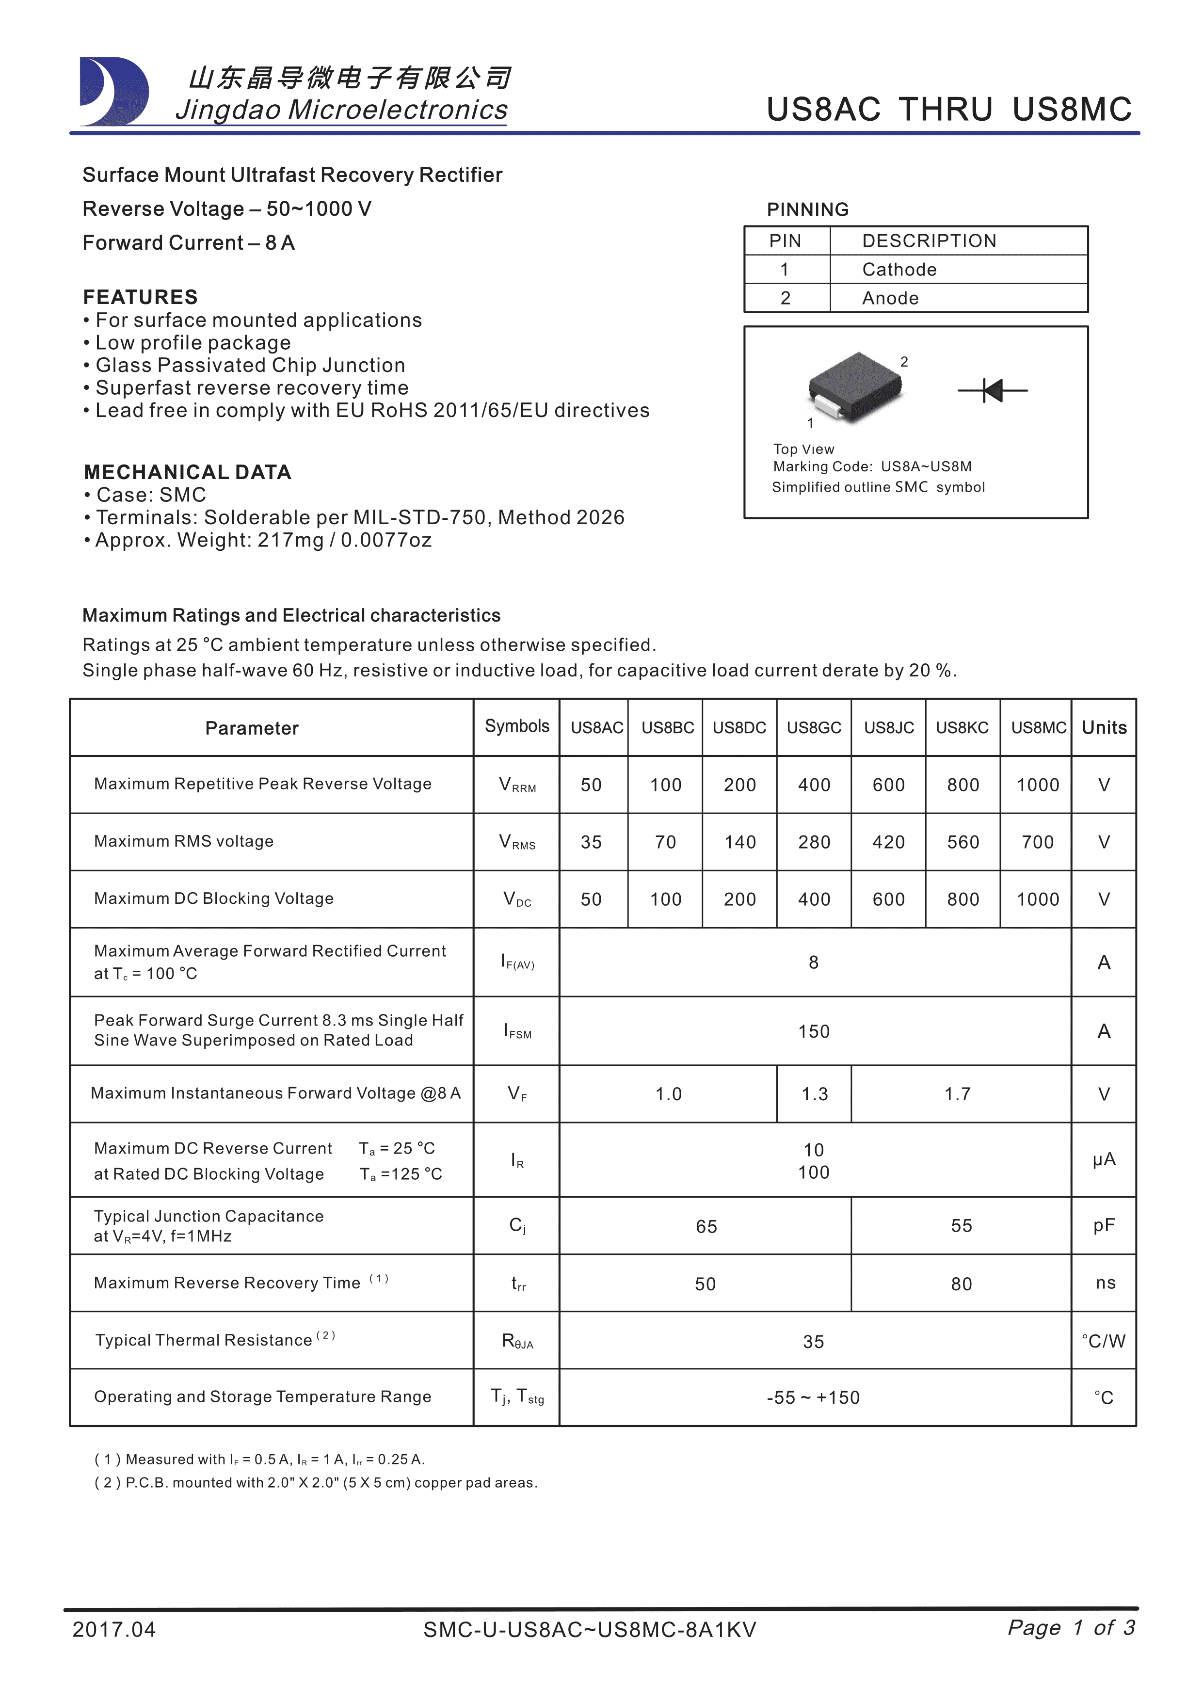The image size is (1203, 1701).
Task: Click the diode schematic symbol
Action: tap(993, 390)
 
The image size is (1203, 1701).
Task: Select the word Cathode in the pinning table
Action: tap(899, 270)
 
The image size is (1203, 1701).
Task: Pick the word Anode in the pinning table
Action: tap(890, 299)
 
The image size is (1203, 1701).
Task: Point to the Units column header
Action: tap(1104, 727)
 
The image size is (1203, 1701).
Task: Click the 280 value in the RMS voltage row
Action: tap(814, 842)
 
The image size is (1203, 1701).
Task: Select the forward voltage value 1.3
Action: tap(815, 1094)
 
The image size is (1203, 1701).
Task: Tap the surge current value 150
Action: tap(813, 1031)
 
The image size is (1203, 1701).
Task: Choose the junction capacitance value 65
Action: tap(706, 1227)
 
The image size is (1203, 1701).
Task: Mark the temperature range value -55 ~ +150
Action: tap(813, 1398)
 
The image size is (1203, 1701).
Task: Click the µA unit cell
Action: tap(1104, 1159)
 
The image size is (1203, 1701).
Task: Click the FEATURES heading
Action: tap(141, 297)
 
